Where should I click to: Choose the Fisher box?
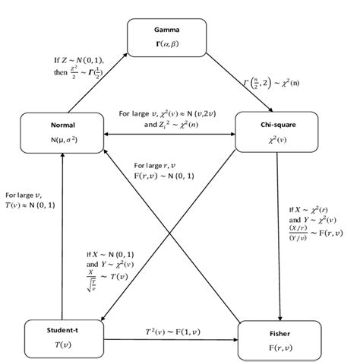[279, 339]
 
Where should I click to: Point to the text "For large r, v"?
[154, 166]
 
